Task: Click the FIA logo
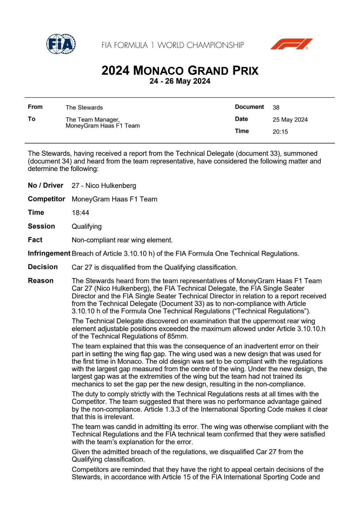[61, 44]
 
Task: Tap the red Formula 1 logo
[291, 44]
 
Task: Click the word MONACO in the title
[158, 70]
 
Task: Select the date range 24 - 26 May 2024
[180, 81]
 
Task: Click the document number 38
[276, 108]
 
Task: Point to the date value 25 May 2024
[290, 120]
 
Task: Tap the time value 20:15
[280, 132]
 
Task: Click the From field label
[35, 107]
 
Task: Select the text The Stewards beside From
[84, 108]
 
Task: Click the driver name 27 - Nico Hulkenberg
[104, 185]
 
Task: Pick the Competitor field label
[46, 199]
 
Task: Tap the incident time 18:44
[80, 213]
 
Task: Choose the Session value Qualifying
[87, 227]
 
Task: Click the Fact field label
[35, 240]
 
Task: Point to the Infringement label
[49, 254]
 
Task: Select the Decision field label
[43, 267]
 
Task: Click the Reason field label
[40, 281]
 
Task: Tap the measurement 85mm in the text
[178, 336]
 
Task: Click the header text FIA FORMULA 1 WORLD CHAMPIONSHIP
[173, 45]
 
